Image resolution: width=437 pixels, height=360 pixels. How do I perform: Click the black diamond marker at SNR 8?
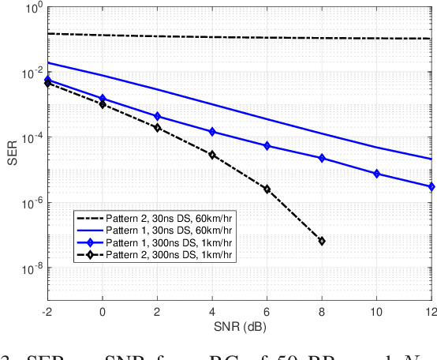[322, 241]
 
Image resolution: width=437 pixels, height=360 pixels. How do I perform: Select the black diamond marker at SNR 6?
[267, 189]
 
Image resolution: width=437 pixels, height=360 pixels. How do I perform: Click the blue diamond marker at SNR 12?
[431, 187]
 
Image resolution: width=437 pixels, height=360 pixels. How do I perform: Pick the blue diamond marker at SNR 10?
[376, 173]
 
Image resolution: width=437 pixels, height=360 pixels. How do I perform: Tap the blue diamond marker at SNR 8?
[322, 158]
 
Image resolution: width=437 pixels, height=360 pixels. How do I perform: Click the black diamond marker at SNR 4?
[212, 155]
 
